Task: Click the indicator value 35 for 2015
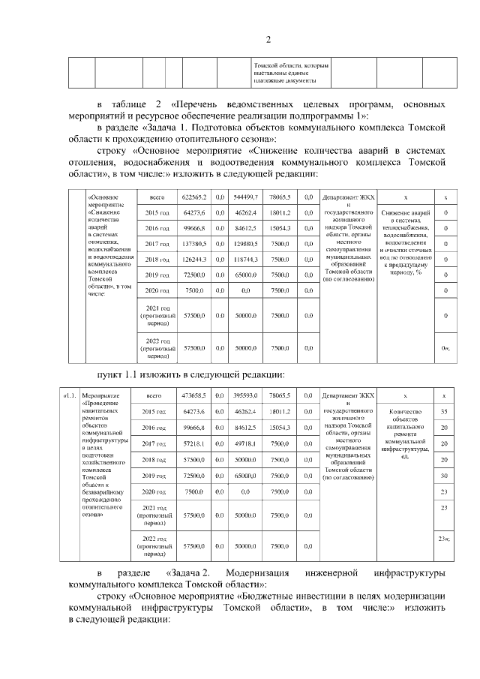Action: pos(445,412)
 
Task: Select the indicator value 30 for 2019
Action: pos(445,476)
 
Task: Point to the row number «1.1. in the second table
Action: pos(69,395)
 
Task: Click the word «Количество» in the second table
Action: pos(406,412)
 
